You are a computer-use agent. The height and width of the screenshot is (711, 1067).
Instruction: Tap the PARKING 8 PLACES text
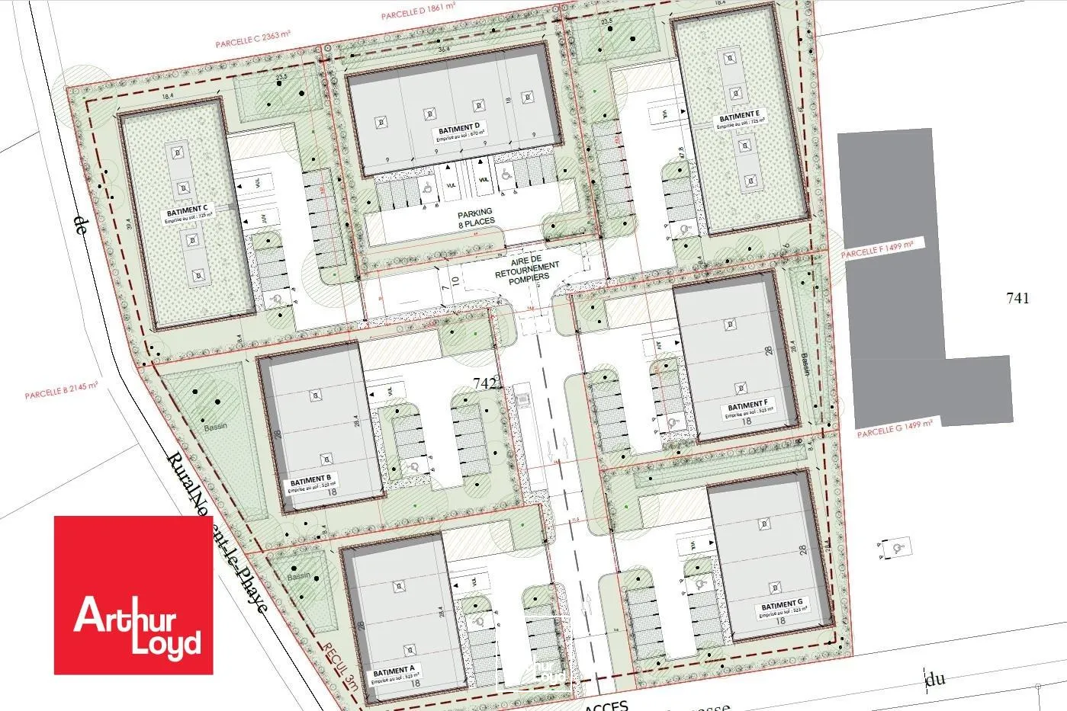(476, 216)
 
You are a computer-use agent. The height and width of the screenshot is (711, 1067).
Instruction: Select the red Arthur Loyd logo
(133, 595)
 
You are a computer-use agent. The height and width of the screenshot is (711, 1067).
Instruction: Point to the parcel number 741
(1017, 299)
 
